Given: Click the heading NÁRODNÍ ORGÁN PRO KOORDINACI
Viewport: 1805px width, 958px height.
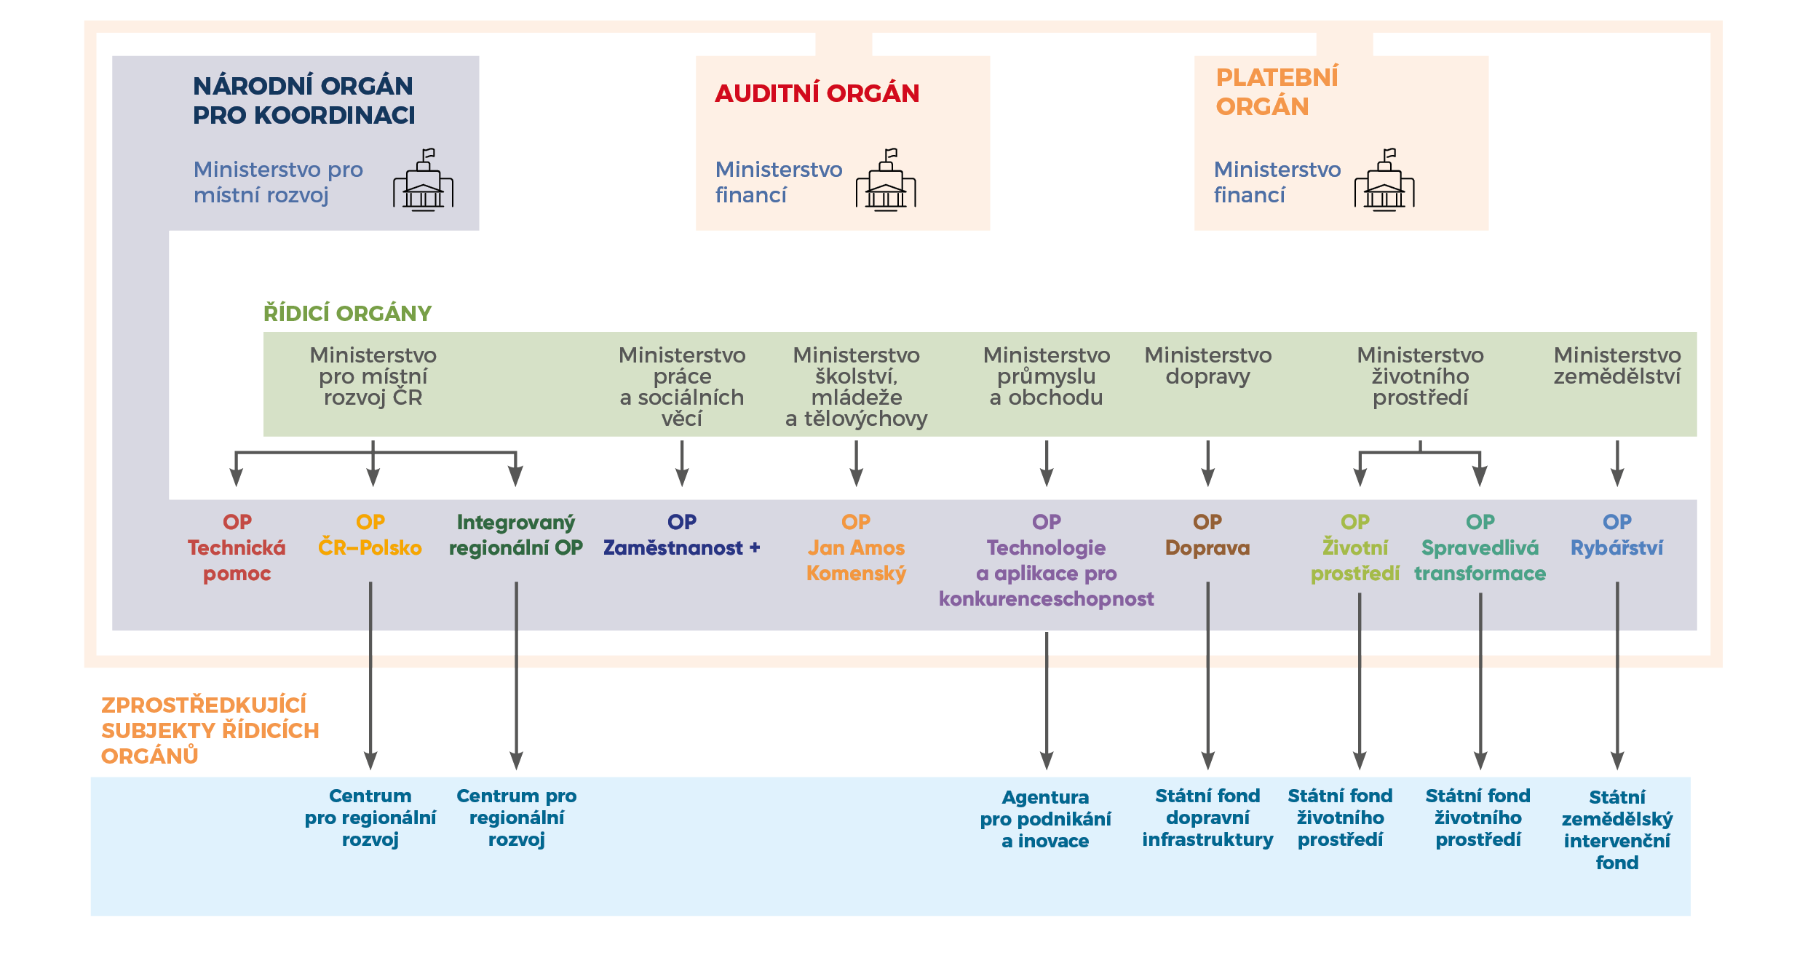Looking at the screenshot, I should coord(304,100).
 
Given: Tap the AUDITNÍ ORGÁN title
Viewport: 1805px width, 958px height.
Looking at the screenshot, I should coord(817,94).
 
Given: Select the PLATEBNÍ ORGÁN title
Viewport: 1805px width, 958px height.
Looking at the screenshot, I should coord(1277,92).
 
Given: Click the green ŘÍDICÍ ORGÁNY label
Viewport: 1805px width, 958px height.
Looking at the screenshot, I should coord(347,314).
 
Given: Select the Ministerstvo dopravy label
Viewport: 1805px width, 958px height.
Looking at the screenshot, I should coord(1207,365).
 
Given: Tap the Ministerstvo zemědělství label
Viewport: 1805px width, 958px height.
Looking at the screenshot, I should coord(1616,365).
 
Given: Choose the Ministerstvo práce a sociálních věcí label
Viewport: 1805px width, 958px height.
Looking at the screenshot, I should coord(682,387).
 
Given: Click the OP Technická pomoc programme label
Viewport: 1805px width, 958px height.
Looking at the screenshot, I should coord(237,548).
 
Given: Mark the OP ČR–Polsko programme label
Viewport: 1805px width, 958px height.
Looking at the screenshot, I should coord(370,536).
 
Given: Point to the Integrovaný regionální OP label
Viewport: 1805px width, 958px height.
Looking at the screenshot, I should coord(516,536).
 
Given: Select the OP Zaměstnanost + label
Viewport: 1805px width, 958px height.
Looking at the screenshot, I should coord(682,536).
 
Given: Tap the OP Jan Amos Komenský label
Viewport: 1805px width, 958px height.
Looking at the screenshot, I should coord(856,548).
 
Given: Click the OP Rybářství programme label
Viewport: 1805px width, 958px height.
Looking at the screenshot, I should coord(1616,536).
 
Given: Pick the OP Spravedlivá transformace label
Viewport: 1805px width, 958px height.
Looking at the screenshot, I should coord(1480,548).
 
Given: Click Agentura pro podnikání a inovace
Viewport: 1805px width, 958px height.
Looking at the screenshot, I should coord(1045,819).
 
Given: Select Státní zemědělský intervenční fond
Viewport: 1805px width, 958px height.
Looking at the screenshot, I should coord(1616,830).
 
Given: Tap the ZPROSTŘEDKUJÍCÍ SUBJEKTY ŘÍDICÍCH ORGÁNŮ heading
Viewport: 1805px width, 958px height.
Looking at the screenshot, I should coord(210,730).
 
